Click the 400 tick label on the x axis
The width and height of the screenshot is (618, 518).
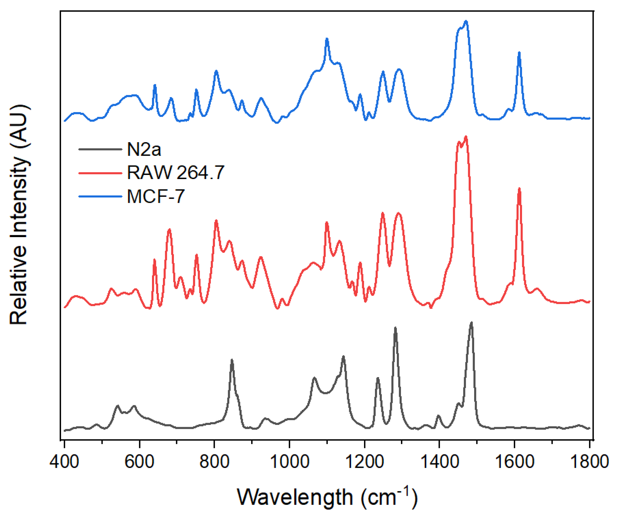point(64,461)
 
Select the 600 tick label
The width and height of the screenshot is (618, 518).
point(139,461)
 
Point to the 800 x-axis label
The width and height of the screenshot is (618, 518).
point(214,461)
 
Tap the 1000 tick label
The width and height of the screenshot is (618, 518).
point(289,461)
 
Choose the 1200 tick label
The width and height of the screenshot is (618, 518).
point(364,461)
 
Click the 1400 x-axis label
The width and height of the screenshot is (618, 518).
point(439,461)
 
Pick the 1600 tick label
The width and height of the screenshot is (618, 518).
point(514,461)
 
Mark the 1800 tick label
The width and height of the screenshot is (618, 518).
point(590,461)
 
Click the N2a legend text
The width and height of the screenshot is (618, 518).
point(144,149)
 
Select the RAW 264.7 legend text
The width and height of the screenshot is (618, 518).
point(175,172)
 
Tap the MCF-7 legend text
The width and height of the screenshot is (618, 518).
point(156,197)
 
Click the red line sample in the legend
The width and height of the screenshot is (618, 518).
point(100,172)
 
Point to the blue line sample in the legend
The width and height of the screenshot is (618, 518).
point(100,197)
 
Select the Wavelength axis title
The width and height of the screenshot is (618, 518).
point(327,497)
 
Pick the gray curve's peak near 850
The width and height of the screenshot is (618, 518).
point(232,360)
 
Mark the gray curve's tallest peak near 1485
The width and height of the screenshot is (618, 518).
point(471,322)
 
